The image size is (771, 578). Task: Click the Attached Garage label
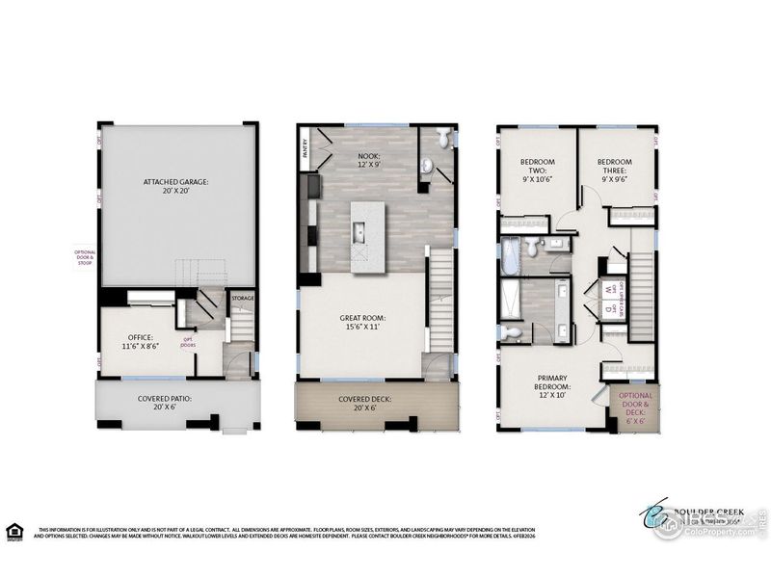coord(175,187)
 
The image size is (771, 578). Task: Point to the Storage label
coord(242,299)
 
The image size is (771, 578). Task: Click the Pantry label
coord(306,148)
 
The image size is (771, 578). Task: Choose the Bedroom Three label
coord(614,169)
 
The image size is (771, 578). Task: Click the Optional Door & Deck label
coord(636,406)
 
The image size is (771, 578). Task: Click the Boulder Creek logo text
coord(703,512)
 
